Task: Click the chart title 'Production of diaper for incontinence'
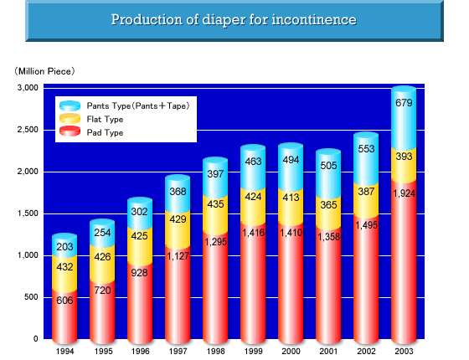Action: (x=234, y=20)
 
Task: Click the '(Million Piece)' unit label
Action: (x=44, y=71)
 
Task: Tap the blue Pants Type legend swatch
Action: (x=70, y=105)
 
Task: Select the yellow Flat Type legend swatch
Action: (x=70, y=119)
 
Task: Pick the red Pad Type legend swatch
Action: (x=70, y=131)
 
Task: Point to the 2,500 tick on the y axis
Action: (x=28, y=130)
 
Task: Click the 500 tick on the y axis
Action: (x=32, y=297)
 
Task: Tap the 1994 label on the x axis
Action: (x=65, y=351)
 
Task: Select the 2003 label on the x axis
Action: (x=404, y=351)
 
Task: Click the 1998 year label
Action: (x=216, y=351)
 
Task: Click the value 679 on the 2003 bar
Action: (x=404, y=103)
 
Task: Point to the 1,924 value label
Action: (x=404, y=193)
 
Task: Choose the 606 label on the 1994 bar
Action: (x=64, y=301)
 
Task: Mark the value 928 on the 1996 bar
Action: (x=140, y=273)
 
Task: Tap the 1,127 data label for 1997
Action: (x=178, y=256)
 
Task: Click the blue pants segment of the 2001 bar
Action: (x=328, y=175)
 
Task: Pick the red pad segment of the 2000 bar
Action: (x=291, y=283)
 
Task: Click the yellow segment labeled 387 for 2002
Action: (x=366, y=200)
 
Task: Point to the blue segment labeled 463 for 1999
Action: (x=253, y=168)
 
